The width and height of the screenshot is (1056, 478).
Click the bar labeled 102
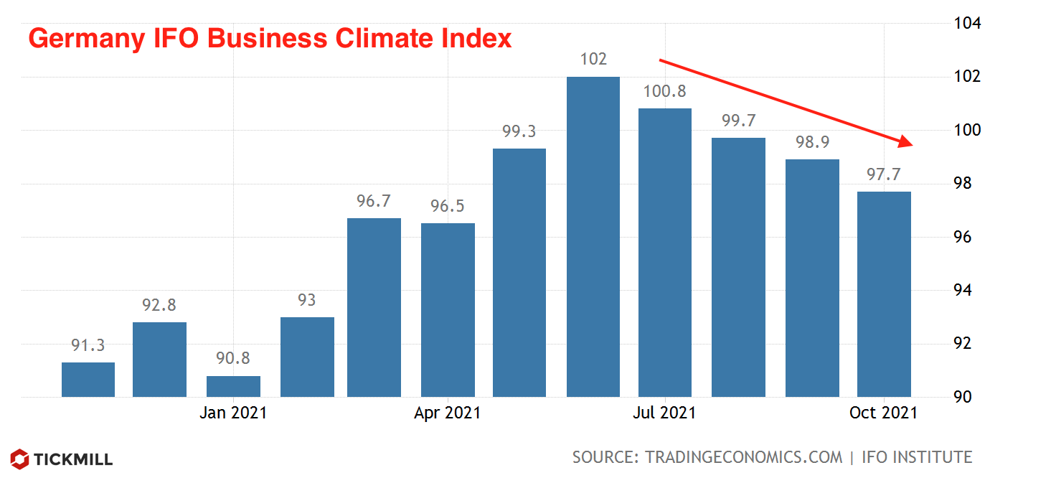tap(593, 237)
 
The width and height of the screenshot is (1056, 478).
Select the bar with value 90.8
tap(233, 386)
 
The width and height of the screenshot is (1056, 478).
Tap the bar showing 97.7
tap(885, 294)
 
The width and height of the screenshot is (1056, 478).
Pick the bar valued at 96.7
tap(374, 307)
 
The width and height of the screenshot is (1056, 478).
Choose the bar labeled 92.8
tap(160, 359)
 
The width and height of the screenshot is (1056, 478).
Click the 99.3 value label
tap(519, 132)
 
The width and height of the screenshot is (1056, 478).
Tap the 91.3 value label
tap(88, 346)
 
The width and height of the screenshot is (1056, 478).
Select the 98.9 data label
tap(812, 143)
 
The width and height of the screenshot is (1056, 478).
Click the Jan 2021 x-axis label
tap(233, 413)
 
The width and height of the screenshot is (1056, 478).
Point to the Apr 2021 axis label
tap(448, 413)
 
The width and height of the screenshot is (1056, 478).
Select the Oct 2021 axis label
tap(883, 413)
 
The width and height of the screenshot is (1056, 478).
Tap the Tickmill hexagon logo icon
tap(20, 459)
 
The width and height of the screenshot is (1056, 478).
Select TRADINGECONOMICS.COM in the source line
tap(743, 457)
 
